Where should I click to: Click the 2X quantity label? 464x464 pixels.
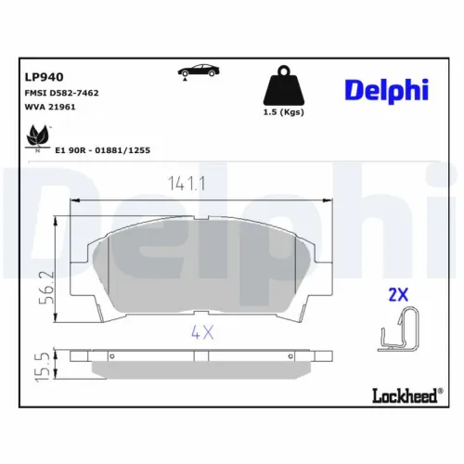pyautogui.click(x=396, y=295)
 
